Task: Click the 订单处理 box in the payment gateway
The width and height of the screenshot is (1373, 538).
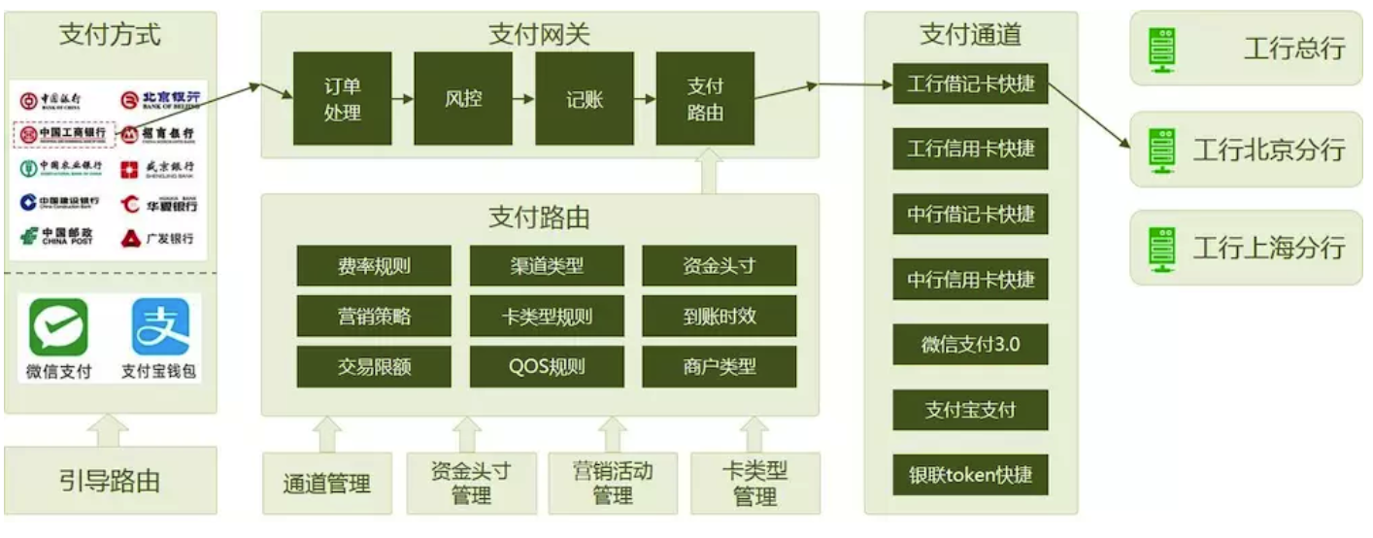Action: (x=341, y=99)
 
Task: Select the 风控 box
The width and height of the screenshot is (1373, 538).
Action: (x=463, y=99)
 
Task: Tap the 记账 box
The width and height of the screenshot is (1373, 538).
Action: (x=585, y=99)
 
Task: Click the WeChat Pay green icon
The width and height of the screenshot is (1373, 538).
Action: (x=58, y=327)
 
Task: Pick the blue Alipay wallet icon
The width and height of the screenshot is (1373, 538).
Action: (x=160, y=327)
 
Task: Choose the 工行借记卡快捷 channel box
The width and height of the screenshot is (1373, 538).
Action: (x=970, y=84)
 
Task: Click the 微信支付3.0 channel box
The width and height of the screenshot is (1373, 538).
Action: (x=970, y=344)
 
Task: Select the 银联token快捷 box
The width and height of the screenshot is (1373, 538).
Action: (x=970, y=475)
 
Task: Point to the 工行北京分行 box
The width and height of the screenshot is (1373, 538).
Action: (x=1246, y=150)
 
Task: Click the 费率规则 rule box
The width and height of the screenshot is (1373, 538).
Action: (x=374, y=265)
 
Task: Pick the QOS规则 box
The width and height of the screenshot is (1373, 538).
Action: (x=547, y=366)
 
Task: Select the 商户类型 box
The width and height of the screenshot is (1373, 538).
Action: (x=719, y=366)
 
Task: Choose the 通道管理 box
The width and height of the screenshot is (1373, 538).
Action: (x=327, y=483)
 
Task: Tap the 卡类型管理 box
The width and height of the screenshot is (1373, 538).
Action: (x=754, y=483)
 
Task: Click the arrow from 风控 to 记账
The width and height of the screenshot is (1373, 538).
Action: (x=523, y=99)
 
